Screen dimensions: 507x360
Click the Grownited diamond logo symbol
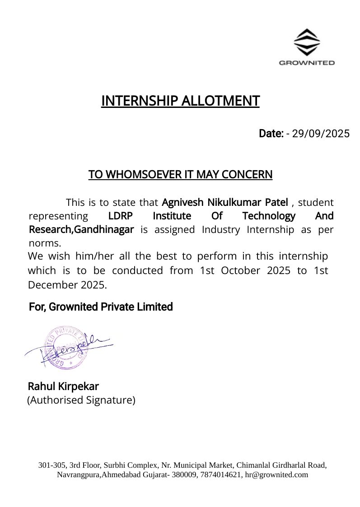point(307,42)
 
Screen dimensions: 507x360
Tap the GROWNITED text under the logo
point(307,63)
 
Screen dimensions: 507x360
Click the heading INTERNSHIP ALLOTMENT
point(180,101)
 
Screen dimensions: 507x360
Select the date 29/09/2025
point(321,134)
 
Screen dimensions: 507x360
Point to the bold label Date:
point(271,134)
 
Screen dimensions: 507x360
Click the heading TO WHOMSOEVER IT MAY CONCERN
point(180,174)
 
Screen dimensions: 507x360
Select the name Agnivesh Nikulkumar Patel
point(224,202)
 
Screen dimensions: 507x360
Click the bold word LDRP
point(121,216)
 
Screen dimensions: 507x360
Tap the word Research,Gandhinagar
point(81,229)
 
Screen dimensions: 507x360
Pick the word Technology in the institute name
point(269,216)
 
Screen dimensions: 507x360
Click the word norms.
point(44,243)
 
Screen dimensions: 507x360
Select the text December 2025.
point(67,285)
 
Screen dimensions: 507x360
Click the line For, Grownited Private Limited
point(101,307)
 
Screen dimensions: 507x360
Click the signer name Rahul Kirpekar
point(63,386)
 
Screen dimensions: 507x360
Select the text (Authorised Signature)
point(81,400)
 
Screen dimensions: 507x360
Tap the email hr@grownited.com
point(276,474)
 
